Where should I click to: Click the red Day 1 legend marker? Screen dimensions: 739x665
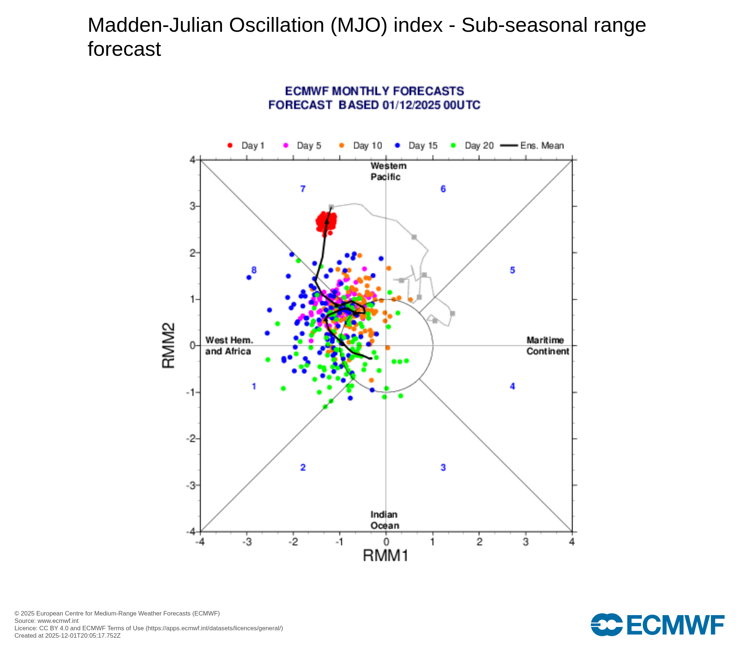(230, 146)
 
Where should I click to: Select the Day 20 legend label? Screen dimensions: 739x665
(479, 146)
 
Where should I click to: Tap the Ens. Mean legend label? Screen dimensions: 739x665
(542, 146)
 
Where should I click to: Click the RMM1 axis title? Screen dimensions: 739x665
(386, 555)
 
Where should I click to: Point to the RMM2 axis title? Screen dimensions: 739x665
(168, 345)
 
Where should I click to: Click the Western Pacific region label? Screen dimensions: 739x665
(388, 171)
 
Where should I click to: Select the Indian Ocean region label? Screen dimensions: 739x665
(385, 520)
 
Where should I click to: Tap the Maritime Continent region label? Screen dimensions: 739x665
(548, 346)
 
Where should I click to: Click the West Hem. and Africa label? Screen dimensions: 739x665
(229, 346)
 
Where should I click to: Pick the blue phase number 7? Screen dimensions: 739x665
(303, 189)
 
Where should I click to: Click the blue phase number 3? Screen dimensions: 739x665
(443, 468)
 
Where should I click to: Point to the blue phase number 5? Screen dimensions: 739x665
(512, 270)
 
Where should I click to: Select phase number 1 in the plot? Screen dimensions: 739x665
(254, 386)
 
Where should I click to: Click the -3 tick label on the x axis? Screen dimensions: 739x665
(246, 542)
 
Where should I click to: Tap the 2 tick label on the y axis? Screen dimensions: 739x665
(193, 253)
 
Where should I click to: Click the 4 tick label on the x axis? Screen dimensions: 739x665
(572, 542)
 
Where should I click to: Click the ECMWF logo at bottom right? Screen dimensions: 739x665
(658, 625)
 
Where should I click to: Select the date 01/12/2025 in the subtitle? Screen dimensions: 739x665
(411, 105)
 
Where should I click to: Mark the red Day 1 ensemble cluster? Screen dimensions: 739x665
(327, 223)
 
